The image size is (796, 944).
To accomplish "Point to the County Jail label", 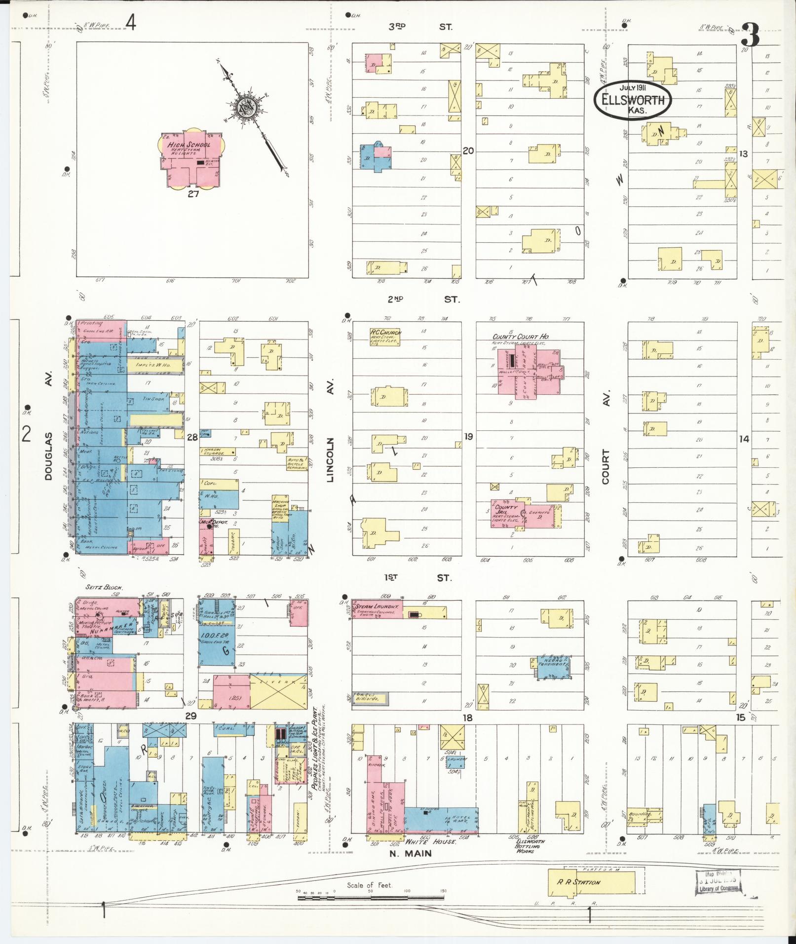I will point(506,510).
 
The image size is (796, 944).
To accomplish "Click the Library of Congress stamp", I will point(720,883).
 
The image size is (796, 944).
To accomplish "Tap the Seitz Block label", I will point(104,588).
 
